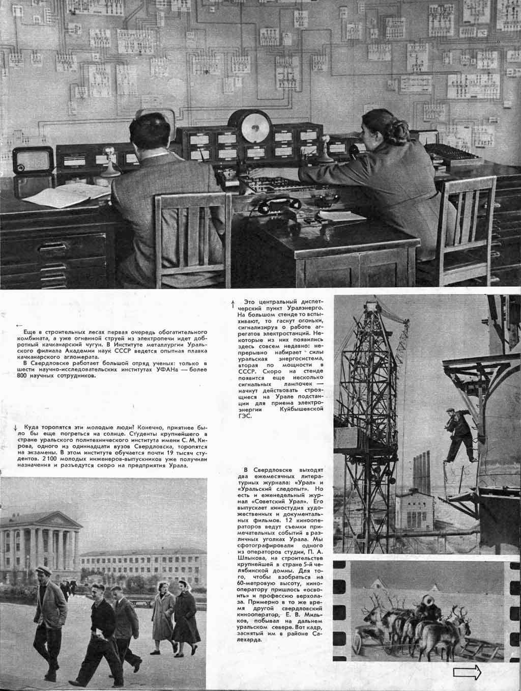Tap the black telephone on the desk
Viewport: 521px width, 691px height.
tap(275, 206)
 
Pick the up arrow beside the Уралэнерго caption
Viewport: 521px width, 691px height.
tap(233, 305)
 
